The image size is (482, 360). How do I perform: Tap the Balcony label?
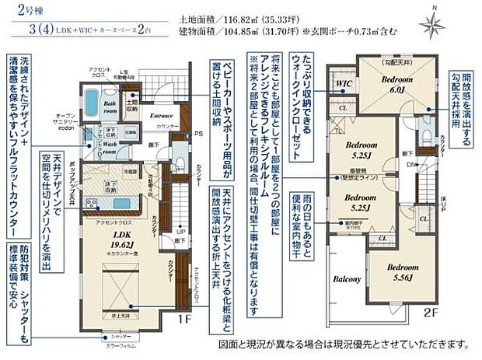coord(348,279)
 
